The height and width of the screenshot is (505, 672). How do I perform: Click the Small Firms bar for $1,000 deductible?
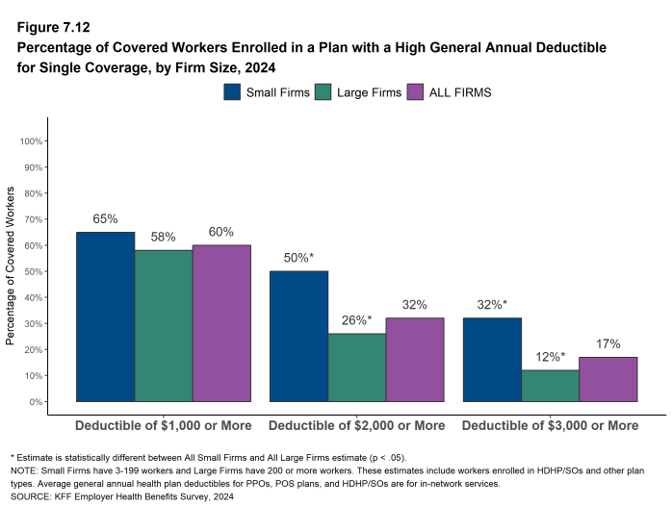click(105, 316)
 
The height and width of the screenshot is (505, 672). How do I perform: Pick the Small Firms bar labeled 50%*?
click(298, 336)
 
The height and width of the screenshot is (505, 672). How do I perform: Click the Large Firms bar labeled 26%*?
click(357, 367)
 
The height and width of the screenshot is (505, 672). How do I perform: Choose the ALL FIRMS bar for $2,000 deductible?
click(415, 360)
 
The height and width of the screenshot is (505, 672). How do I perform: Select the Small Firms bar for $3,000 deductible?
click(492, 360)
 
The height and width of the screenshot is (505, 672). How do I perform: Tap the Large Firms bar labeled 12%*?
click(550, 386)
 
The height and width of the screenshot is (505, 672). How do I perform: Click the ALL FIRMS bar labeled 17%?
click(608, 379)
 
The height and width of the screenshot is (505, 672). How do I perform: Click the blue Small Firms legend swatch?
click(232, 92)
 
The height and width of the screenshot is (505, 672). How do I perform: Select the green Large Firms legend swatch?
click(323, 92)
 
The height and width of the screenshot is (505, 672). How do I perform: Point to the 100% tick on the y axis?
click(32, 141)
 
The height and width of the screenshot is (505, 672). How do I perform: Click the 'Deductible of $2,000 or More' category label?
click(356, 425)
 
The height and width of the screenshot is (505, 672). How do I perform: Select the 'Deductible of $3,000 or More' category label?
click(550, 425)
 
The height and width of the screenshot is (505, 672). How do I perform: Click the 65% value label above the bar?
click(105, 219)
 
